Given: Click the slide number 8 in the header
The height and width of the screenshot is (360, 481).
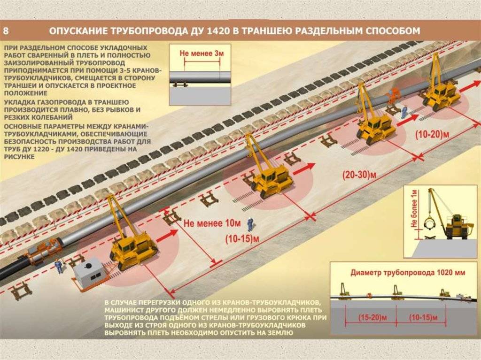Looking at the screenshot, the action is pyautogui.click(x=6, y=31).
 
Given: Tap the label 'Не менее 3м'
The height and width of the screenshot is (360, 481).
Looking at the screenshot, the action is pyautogui.click(x=202, y=53).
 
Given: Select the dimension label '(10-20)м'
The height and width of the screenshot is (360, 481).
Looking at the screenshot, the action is pyautogui.click(x=432, y=134).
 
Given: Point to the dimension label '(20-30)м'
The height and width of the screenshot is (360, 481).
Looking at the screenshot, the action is pyautogui.click(x=359, y=175).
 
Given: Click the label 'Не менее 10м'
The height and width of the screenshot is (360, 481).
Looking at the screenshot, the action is pyautogui.click(x=212, y=223).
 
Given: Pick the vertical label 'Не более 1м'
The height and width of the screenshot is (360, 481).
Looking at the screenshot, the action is pyautogui.click(x=414, y=208).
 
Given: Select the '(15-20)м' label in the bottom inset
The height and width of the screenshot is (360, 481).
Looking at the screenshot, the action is pyautogui.click(x=372, y=317).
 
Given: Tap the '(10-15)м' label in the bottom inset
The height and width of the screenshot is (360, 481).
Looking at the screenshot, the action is pyautogui.click(x=423, y=317).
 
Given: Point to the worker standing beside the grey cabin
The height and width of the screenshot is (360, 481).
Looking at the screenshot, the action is pyautogui.click(x=58, y=266).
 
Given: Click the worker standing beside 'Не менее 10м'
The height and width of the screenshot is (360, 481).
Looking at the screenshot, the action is pyautogui.click(x=250, y=224).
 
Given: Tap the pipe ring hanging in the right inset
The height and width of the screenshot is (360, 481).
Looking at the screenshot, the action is pyautogui.click(x=431, y=224).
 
